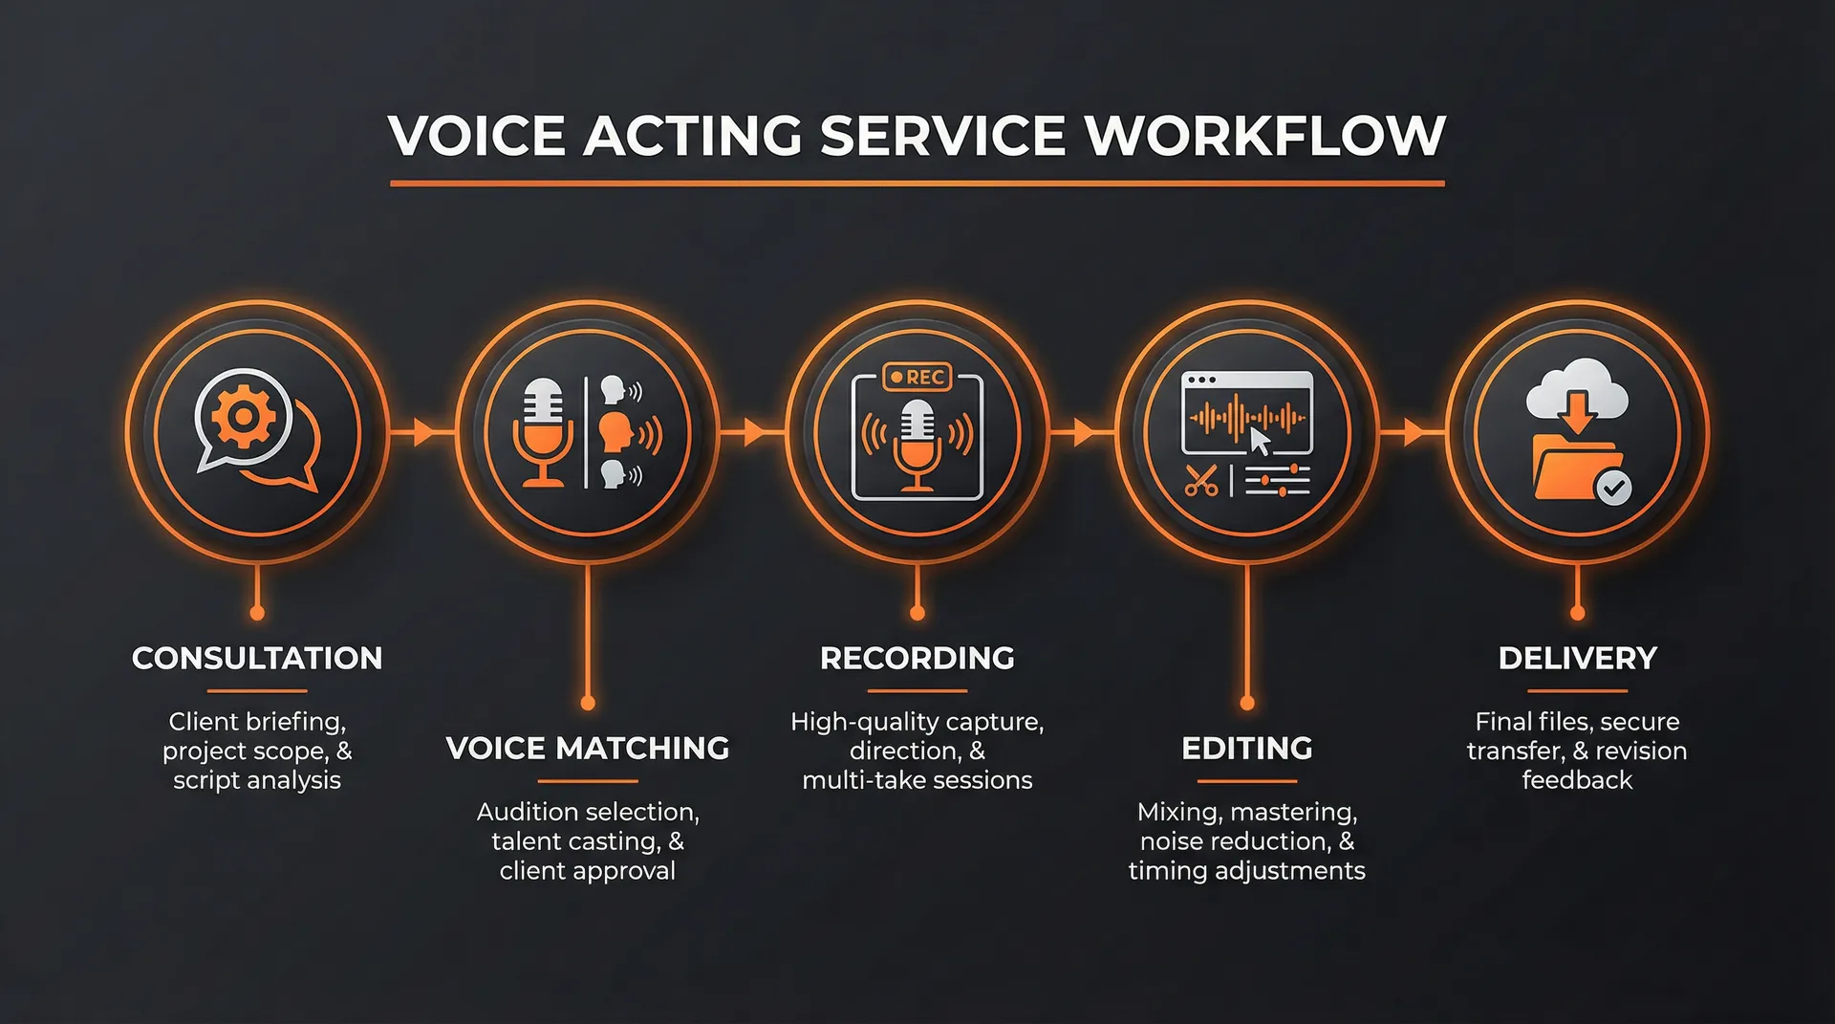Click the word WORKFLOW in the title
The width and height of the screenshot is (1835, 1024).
tap(1264, 136)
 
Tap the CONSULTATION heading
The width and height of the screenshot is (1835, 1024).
tap(257, 658)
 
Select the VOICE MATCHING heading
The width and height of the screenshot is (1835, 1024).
tap(588, 748)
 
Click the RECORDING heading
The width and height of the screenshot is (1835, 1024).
tap(917, 658)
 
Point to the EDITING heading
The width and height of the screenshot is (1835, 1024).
tap(1247, 748)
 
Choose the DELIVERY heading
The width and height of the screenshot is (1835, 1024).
tap(1577, 658)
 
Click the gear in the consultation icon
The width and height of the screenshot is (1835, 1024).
tap(243, 416)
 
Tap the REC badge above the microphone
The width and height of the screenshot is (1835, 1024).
tap(917, 378)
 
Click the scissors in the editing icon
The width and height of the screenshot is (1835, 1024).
tap(1200, 480)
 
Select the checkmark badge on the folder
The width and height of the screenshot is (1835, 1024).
tap(1614, 488)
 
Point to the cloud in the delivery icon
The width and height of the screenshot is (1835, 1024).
tap(1577, 387)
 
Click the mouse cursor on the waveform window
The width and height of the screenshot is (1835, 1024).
tap(1261, 442)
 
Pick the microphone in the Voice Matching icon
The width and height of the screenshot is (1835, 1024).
tap(543, 430)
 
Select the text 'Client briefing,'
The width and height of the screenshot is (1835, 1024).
tap(257, 721)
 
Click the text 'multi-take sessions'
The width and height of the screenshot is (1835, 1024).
tap(917, 780)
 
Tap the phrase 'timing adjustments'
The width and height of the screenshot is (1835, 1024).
tap(1247, 871)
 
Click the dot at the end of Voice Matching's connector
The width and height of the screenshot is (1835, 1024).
tap(588, 704)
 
